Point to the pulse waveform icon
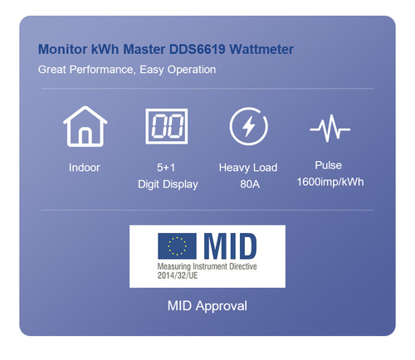(x=330, y=129)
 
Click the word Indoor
(x=84, y=168)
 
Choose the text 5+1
(x=168, y=168)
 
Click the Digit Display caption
(x=168, y=184)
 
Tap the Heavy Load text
(x=248, y=168)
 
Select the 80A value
(x=248, y=184)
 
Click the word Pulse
(x=329, y=165)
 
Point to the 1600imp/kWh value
(x=330, y=182)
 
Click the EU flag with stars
(x=177, y=246)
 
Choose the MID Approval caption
(x=207, y=306)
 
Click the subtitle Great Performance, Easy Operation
(x=127, y=70)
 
